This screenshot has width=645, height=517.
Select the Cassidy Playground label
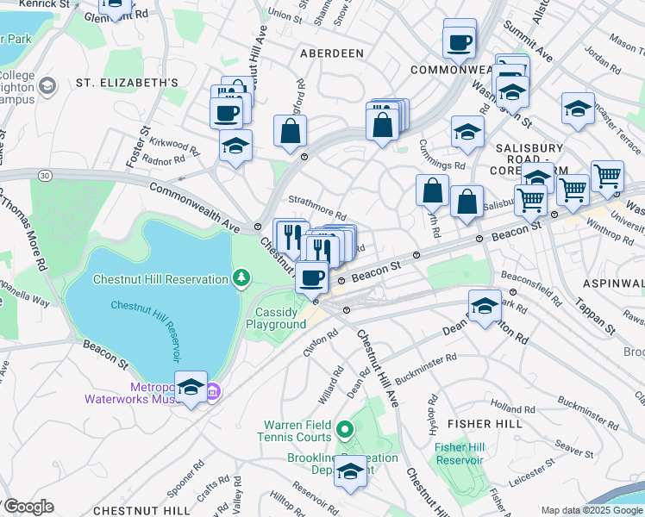coord(276,318)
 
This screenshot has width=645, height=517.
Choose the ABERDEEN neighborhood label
coord(331,53)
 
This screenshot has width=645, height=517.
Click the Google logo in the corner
coord(28,507)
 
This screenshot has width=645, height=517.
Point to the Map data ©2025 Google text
coord(591,510)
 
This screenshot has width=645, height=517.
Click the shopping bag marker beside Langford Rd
coord(291,131)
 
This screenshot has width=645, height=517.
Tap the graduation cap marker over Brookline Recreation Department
coord(350,470)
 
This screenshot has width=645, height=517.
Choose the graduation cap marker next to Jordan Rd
coord(578,109)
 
